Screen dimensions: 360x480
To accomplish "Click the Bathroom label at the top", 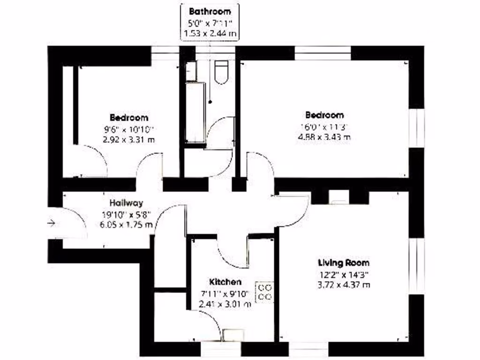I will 210,11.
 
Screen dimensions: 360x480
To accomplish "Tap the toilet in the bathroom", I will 221,73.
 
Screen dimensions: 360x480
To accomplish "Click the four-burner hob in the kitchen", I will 264,292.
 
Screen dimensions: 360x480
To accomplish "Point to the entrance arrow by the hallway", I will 51,223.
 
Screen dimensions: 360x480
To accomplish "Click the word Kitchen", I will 225,282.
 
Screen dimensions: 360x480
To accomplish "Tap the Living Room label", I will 344,262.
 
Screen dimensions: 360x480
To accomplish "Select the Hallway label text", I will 126,203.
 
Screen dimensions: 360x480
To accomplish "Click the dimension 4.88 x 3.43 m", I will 324,137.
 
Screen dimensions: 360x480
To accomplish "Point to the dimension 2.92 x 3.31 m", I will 128,139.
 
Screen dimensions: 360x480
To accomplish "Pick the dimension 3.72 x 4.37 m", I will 344,284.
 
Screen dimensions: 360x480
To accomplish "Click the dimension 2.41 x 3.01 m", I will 225,304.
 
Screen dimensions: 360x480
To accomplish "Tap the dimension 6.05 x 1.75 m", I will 127,225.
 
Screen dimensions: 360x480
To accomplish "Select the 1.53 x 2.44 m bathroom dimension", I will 210,33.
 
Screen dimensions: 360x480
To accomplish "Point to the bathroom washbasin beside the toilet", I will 190,70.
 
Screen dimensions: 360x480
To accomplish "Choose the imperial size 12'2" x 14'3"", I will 344,274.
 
